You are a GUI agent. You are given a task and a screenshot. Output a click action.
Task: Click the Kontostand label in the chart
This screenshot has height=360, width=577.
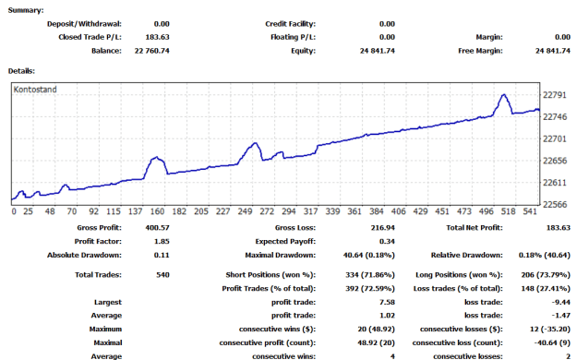[x=35, y=90]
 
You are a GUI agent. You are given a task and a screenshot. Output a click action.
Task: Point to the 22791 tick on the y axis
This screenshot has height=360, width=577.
[x=555, y=95]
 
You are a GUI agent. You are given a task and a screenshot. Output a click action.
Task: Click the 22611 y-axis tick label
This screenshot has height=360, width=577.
[x=555, y=183]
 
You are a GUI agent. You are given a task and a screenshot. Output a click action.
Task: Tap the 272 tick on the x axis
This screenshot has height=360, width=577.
[x=267, y=211]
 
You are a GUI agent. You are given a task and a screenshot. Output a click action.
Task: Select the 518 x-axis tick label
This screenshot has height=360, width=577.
[x=508, y=211]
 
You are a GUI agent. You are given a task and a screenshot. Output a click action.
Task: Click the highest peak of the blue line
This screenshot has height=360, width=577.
[x=504, y=94]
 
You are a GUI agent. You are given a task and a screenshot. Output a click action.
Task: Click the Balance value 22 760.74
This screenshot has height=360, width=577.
[x=152, y=51]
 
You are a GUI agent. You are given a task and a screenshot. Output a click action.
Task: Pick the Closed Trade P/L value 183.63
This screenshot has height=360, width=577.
[x=158, y=37]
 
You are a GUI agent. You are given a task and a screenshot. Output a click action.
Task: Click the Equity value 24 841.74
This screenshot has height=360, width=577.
[x=378, y=51]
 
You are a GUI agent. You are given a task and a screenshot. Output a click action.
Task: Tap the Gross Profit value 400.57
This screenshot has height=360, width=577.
[x=158, y=228]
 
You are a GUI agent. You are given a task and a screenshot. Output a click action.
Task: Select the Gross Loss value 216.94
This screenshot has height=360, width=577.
[x=383, y=228]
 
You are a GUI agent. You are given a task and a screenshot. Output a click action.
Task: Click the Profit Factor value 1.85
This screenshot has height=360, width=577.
[x=162, y=242]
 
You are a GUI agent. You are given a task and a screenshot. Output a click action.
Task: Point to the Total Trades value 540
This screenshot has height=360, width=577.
[x=162, y=275]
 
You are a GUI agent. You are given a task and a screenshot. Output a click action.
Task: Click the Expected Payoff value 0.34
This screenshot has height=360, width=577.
[x=387, y=242]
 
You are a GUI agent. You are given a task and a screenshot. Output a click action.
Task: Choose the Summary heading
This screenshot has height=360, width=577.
[x=26, y=10]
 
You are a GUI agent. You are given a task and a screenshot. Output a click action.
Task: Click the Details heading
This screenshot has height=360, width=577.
[x=21, y=71]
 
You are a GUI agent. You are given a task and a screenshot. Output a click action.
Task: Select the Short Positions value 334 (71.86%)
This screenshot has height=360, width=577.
[x=370, y=275]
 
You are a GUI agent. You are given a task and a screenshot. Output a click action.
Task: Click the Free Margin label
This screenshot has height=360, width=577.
[x=480, y=51]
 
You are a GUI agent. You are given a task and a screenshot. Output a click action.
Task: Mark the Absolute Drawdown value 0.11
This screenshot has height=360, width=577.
[x=162, y=255]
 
